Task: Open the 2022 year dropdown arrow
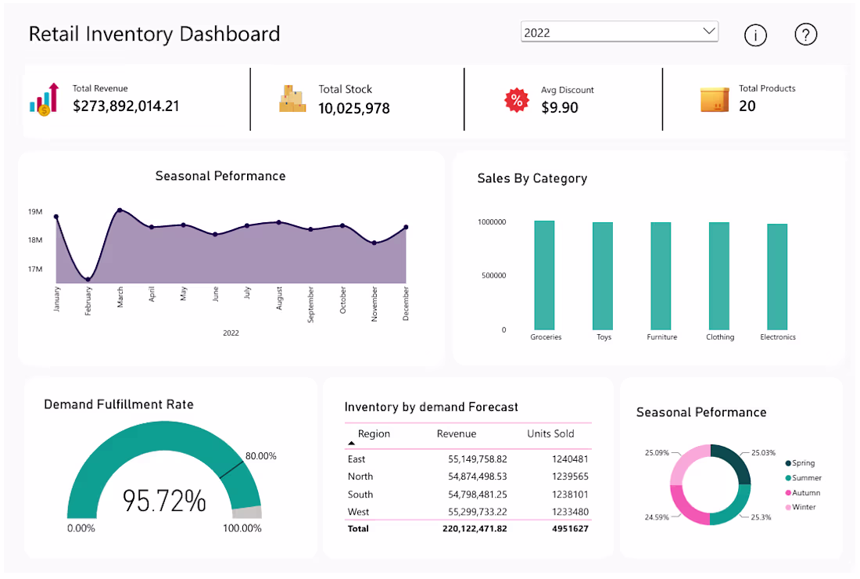[x=708, y=31]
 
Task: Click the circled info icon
[x=755, y=35]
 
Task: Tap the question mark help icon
[x=806, y=34]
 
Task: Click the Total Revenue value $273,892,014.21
[x=126, y=106]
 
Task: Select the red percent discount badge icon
[x=517, y=100]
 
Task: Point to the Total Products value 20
[x=747, y=106]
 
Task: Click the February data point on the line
[x=88, y=279]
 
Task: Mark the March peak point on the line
[x=120, y=210]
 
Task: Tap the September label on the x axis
[x=310, y=304]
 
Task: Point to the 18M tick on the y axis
[x=35, y=240]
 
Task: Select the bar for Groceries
[x=544, y=275]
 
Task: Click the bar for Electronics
[x=777, y=277]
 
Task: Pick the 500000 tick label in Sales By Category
[x=493, y=275]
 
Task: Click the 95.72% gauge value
[x=164, y=501]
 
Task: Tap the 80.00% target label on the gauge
[x=260, y=456]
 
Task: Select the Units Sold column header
[x=550, y=433]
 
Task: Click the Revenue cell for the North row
[x=477, y=477]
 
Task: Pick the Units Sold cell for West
[x=571, y=512]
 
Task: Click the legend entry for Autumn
[x=803, y=493]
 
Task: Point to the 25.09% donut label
[x=657, y=453]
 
